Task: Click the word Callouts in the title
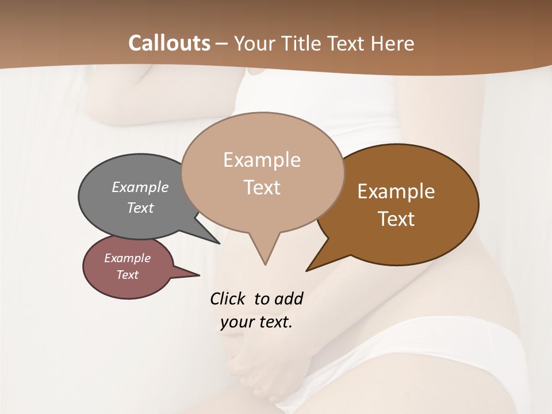click(x=169, y=43)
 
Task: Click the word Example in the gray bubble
click(x=140, y=187)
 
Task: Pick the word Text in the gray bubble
click(x=140, y=208)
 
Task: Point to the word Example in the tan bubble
click(x=262, y=160)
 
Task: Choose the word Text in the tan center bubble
click(x=262, y=187)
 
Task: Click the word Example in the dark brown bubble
click(x=396, y=191)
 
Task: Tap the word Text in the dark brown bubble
click(x=396, y=218)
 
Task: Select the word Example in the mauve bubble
click(x=127, y=258)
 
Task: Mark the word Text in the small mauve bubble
click(x=127, y=275)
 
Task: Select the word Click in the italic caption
click(x=229, y=298)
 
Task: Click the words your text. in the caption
click(x=256, y=322)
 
